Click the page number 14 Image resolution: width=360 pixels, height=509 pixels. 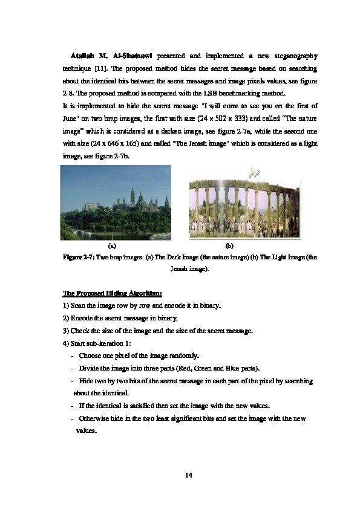(x=188, y=476)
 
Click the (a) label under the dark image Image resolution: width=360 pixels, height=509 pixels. (x=111, y=246)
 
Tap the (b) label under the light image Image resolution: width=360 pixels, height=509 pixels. (x=229, y=246)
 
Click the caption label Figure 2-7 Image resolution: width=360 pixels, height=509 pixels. (x=79, y=257)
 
